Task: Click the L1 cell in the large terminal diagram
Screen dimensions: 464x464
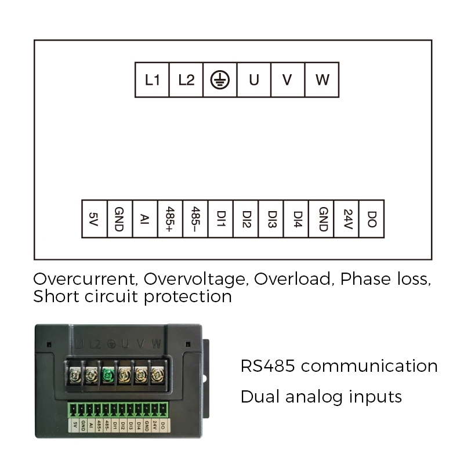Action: coord(152,79)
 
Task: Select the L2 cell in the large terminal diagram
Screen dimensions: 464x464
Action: coord(186,79)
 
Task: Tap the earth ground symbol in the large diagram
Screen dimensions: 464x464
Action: coord(220,80)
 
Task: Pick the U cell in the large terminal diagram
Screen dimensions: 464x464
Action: coord(254,79)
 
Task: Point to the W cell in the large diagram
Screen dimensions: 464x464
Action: coord(322,79)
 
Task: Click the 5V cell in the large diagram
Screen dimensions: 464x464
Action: coord(95,219)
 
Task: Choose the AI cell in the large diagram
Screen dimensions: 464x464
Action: coord(145,219)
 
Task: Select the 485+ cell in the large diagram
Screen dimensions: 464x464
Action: coord(170,219)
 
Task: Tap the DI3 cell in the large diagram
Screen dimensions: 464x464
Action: coord(271,219)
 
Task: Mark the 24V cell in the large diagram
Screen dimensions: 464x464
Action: coord(346,219)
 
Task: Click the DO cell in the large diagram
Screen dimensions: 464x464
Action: coord(372,219)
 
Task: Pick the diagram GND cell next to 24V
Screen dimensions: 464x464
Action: coord(321,219)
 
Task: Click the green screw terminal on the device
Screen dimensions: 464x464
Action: coord(108,375)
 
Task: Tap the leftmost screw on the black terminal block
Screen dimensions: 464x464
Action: coord(75,375)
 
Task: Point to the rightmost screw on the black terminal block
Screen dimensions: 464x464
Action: coord(157,375)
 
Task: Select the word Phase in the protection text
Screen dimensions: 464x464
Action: coord(365,279)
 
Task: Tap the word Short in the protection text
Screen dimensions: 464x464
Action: coord(56,296)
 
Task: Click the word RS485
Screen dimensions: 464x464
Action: coord(268,366)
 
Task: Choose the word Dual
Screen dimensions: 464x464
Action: coord(260,397)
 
